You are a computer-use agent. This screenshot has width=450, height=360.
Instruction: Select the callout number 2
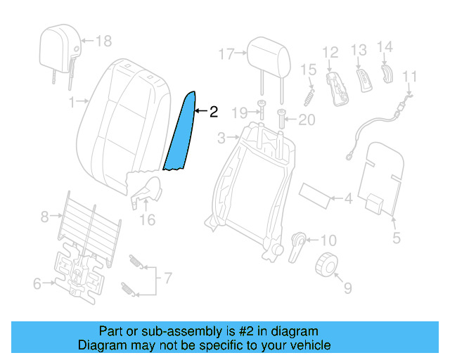tap(214, 111)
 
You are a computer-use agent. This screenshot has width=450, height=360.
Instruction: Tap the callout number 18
tap(103, 41)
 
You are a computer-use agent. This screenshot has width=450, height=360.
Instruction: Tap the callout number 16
tap(146, 220)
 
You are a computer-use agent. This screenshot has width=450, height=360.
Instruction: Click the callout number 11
tap(410, 76)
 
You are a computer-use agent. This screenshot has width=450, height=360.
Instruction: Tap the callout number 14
tap(385, 48)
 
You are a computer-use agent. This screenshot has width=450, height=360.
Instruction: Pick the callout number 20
tap(307, 120)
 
